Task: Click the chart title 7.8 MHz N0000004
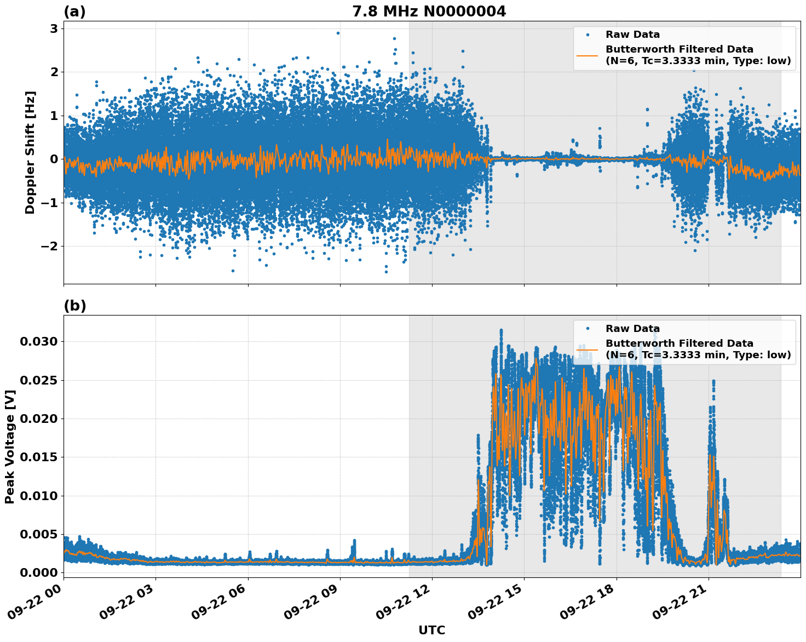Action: [429, 11]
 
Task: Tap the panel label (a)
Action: [74, 12]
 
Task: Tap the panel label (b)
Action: [74, 306]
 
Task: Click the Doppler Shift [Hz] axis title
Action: [30, 152]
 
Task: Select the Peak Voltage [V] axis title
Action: [10, 446]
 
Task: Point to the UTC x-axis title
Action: [431, 630]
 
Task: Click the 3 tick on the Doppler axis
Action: [54, 28]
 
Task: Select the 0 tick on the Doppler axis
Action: [54, 159]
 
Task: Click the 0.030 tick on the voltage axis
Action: [38, 342]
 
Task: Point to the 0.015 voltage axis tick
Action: [38, 457]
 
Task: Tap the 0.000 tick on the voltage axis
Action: [38, 573]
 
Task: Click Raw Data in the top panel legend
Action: [632, 35]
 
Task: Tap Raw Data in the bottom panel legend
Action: [632, 329]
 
